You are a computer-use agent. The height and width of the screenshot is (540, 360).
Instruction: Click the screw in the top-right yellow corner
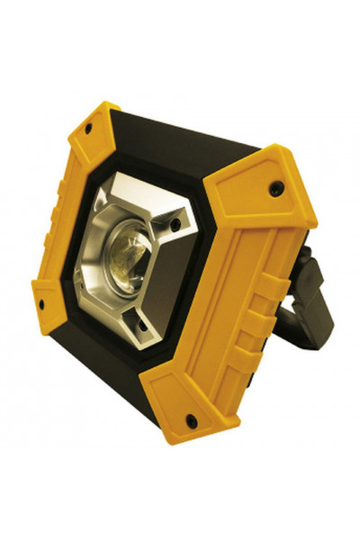pyautogui.click(x=278, y=188)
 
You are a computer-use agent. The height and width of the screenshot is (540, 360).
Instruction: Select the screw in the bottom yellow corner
pyautogui.click(x=189, y=418)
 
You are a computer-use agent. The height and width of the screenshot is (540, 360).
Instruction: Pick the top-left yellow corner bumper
pyautogui.click(x=94, y=135)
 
